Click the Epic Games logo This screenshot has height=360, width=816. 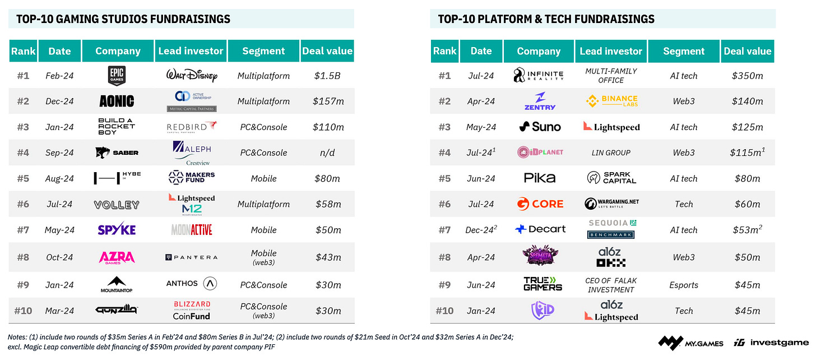117,75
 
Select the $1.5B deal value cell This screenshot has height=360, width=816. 327,76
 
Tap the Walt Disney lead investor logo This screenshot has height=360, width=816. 191,76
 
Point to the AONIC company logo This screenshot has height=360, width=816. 117,101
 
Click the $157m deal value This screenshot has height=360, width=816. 327,101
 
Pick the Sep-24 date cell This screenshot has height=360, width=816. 59,153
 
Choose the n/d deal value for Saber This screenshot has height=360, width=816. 327,153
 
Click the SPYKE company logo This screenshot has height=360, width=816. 117,230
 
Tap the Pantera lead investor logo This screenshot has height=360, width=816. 191,257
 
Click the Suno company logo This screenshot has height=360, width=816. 539,127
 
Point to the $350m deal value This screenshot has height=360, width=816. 747,76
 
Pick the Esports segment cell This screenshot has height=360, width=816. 684,285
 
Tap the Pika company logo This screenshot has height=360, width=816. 539,178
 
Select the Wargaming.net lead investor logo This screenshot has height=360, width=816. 611,204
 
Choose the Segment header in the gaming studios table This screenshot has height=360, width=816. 263,51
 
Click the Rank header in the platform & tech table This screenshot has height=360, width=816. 444,51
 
